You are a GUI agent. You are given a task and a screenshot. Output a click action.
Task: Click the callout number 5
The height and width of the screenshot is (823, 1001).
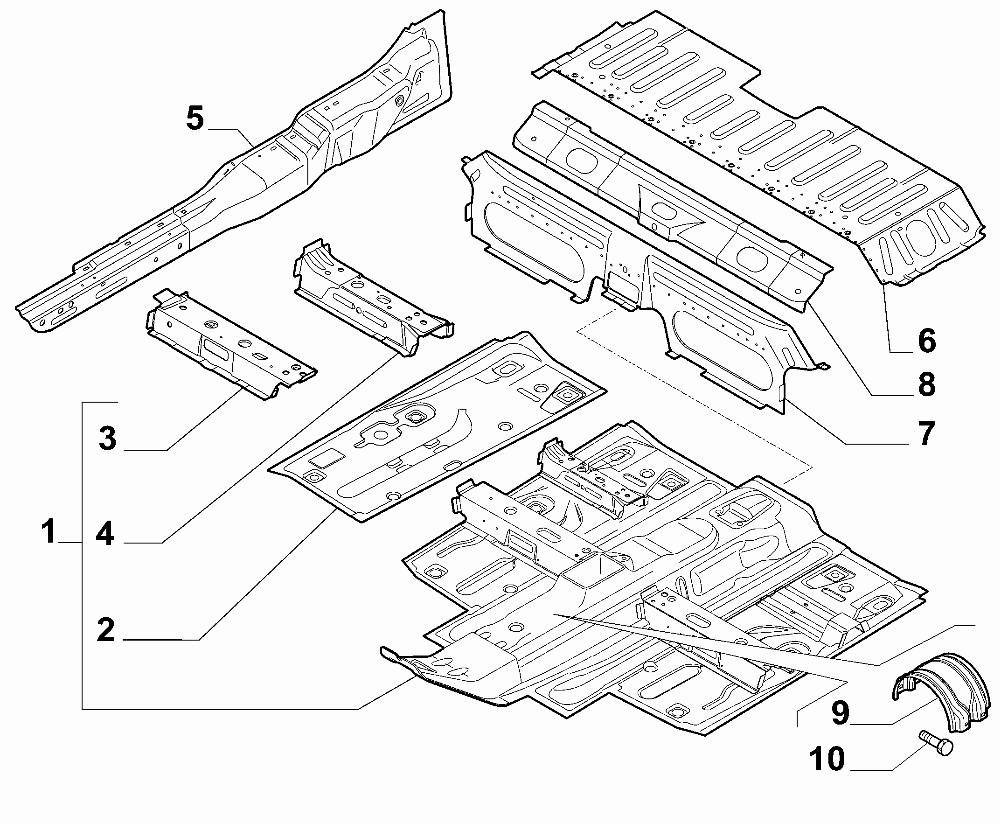point(195,119)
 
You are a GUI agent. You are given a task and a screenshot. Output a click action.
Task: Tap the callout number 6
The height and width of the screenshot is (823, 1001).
point(926,341)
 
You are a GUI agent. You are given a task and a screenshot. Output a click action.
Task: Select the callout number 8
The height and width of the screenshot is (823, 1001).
point(926,384)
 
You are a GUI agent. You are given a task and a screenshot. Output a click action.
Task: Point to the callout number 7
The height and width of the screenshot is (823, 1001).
point(926,433)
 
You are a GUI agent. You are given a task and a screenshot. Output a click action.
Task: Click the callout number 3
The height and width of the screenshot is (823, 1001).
point(108,438)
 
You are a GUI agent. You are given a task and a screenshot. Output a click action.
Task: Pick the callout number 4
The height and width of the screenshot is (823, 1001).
point(105,533)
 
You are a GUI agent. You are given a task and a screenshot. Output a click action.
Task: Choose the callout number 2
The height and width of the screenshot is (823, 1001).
point(106,629)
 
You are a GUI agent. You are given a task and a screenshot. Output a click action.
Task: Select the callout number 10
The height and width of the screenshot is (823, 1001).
point(827,759)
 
